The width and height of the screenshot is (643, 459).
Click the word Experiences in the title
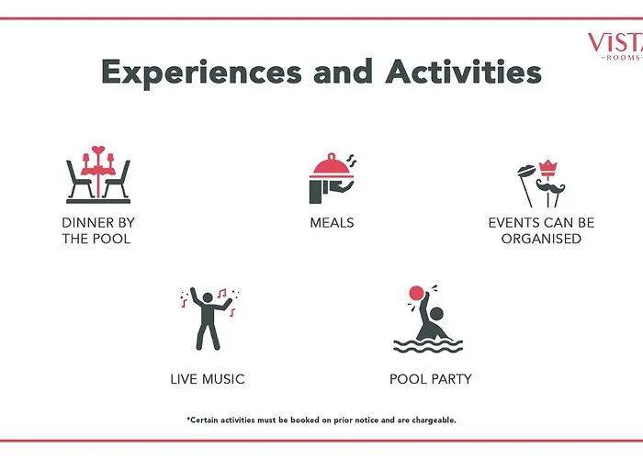click(201, 73)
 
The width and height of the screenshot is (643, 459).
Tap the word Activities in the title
click(463, 72)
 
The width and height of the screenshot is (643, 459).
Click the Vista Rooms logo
click(616, 46)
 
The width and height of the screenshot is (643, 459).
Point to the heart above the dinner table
click(98, 150)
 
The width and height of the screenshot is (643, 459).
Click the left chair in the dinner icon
click(78, 180)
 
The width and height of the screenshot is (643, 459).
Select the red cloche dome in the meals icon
click(332, 166)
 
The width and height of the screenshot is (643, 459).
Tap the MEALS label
click(332, 222)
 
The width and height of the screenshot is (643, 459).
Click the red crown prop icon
click(547, 168)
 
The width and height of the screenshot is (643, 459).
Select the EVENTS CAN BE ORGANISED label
click(541, 230)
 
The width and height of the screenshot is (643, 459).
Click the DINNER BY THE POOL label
click(98, 230)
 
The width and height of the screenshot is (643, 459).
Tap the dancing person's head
click(208, 297)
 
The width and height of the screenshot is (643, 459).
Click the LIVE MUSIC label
click(208, 379)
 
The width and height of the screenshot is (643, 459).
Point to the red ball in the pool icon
click(416, 294)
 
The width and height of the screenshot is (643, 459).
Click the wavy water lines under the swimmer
click(428, 346)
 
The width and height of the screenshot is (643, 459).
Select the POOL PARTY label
click(431, 379)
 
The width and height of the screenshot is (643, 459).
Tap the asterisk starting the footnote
click(188, 419)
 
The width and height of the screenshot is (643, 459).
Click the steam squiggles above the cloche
click(351, 161)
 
